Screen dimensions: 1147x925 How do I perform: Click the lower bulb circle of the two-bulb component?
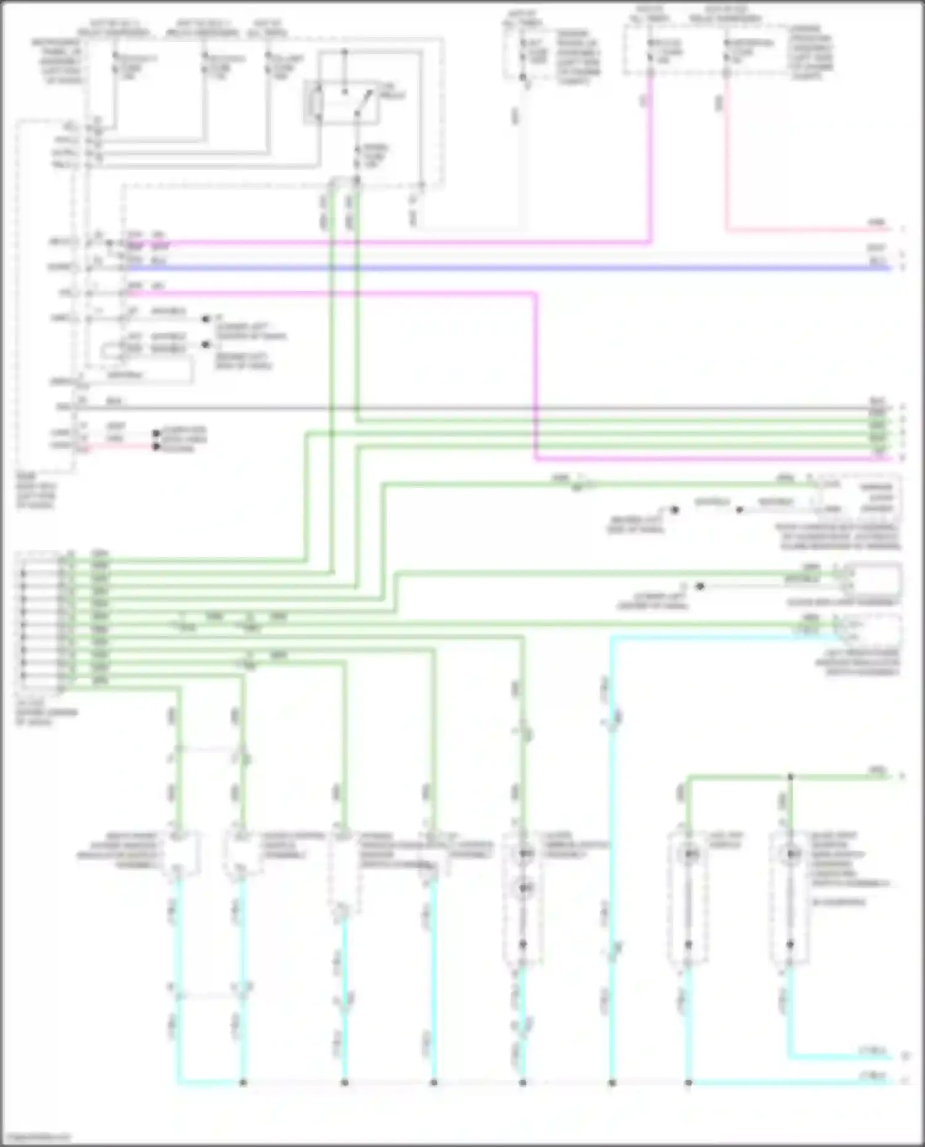[524, 888]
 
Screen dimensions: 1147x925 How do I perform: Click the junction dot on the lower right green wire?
[790, 777]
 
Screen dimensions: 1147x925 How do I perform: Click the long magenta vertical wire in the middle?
[535, 376]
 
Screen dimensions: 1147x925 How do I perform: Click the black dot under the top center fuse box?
[523, 77]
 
